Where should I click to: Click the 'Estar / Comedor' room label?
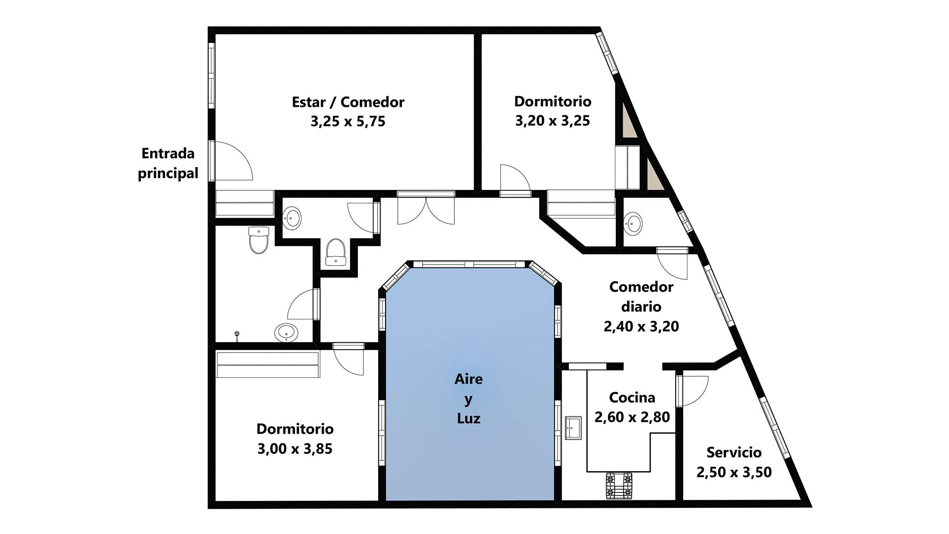click(x=348, y=102)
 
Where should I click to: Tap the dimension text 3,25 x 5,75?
click(x=348, y=121)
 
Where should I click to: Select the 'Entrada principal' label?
click(x=168, y=163)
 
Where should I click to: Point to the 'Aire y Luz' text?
click(x=469, y=399)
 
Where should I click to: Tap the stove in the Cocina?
click(x=619, y=486)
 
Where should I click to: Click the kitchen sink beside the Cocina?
click(x=573, y=427)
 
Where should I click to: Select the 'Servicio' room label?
click(x=734, y=452)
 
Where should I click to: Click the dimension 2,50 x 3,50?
click(x=734, y=472)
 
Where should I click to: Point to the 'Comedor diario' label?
click(x=641, y=297)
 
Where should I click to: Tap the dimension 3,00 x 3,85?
click(x=295, y=448)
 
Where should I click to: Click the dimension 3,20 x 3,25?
click(x=553, y=121)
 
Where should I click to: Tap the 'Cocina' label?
click(x=632, y=398)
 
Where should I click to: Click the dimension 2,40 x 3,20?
click(x=641, y=326)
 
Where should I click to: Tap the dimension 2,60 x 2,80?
click(x=632, y=417)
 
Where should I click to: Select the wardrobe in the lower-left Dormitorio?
click(x=267, y=364)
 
